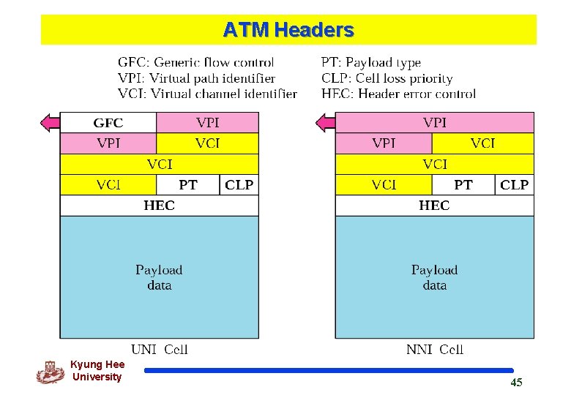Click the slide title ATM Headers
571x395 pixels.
click(288, 30)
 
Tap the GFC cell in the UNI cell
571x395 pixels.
click(108, 123)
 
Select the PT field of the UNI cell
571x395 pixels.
click(188, 185)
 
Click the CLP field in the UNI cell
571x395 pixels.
click(239, 185)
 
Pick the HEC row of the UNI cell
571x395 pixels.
click(159, 206)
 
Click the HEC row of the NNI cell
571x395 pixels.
click(434, 206)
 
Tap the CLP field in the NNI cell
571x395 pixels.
click(514, 185)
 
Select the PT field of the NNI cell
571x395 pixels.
click(463, 185)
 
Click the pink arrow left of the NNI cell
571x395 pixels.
click(325, 123)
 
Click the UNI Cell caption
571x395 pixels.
click(160, 350)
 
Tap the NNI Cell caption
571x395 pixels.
click(435, 350)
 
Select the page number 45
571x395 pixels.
click(516, 383)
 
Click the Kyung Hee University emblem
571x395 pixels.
click(50, 372)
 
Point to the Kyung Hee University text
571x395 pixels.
click(97, 371)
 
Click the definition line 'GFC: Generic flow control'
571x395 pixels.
click(195, 63)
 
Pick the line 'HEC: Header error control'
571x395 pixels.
click(398, 94)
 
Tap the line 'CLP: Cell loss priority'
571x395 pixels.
click(387, 78)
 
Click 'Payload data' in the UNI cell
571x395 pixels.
click(159, 277)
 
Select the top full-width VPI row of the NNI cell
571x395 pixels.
click(434, 123)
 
